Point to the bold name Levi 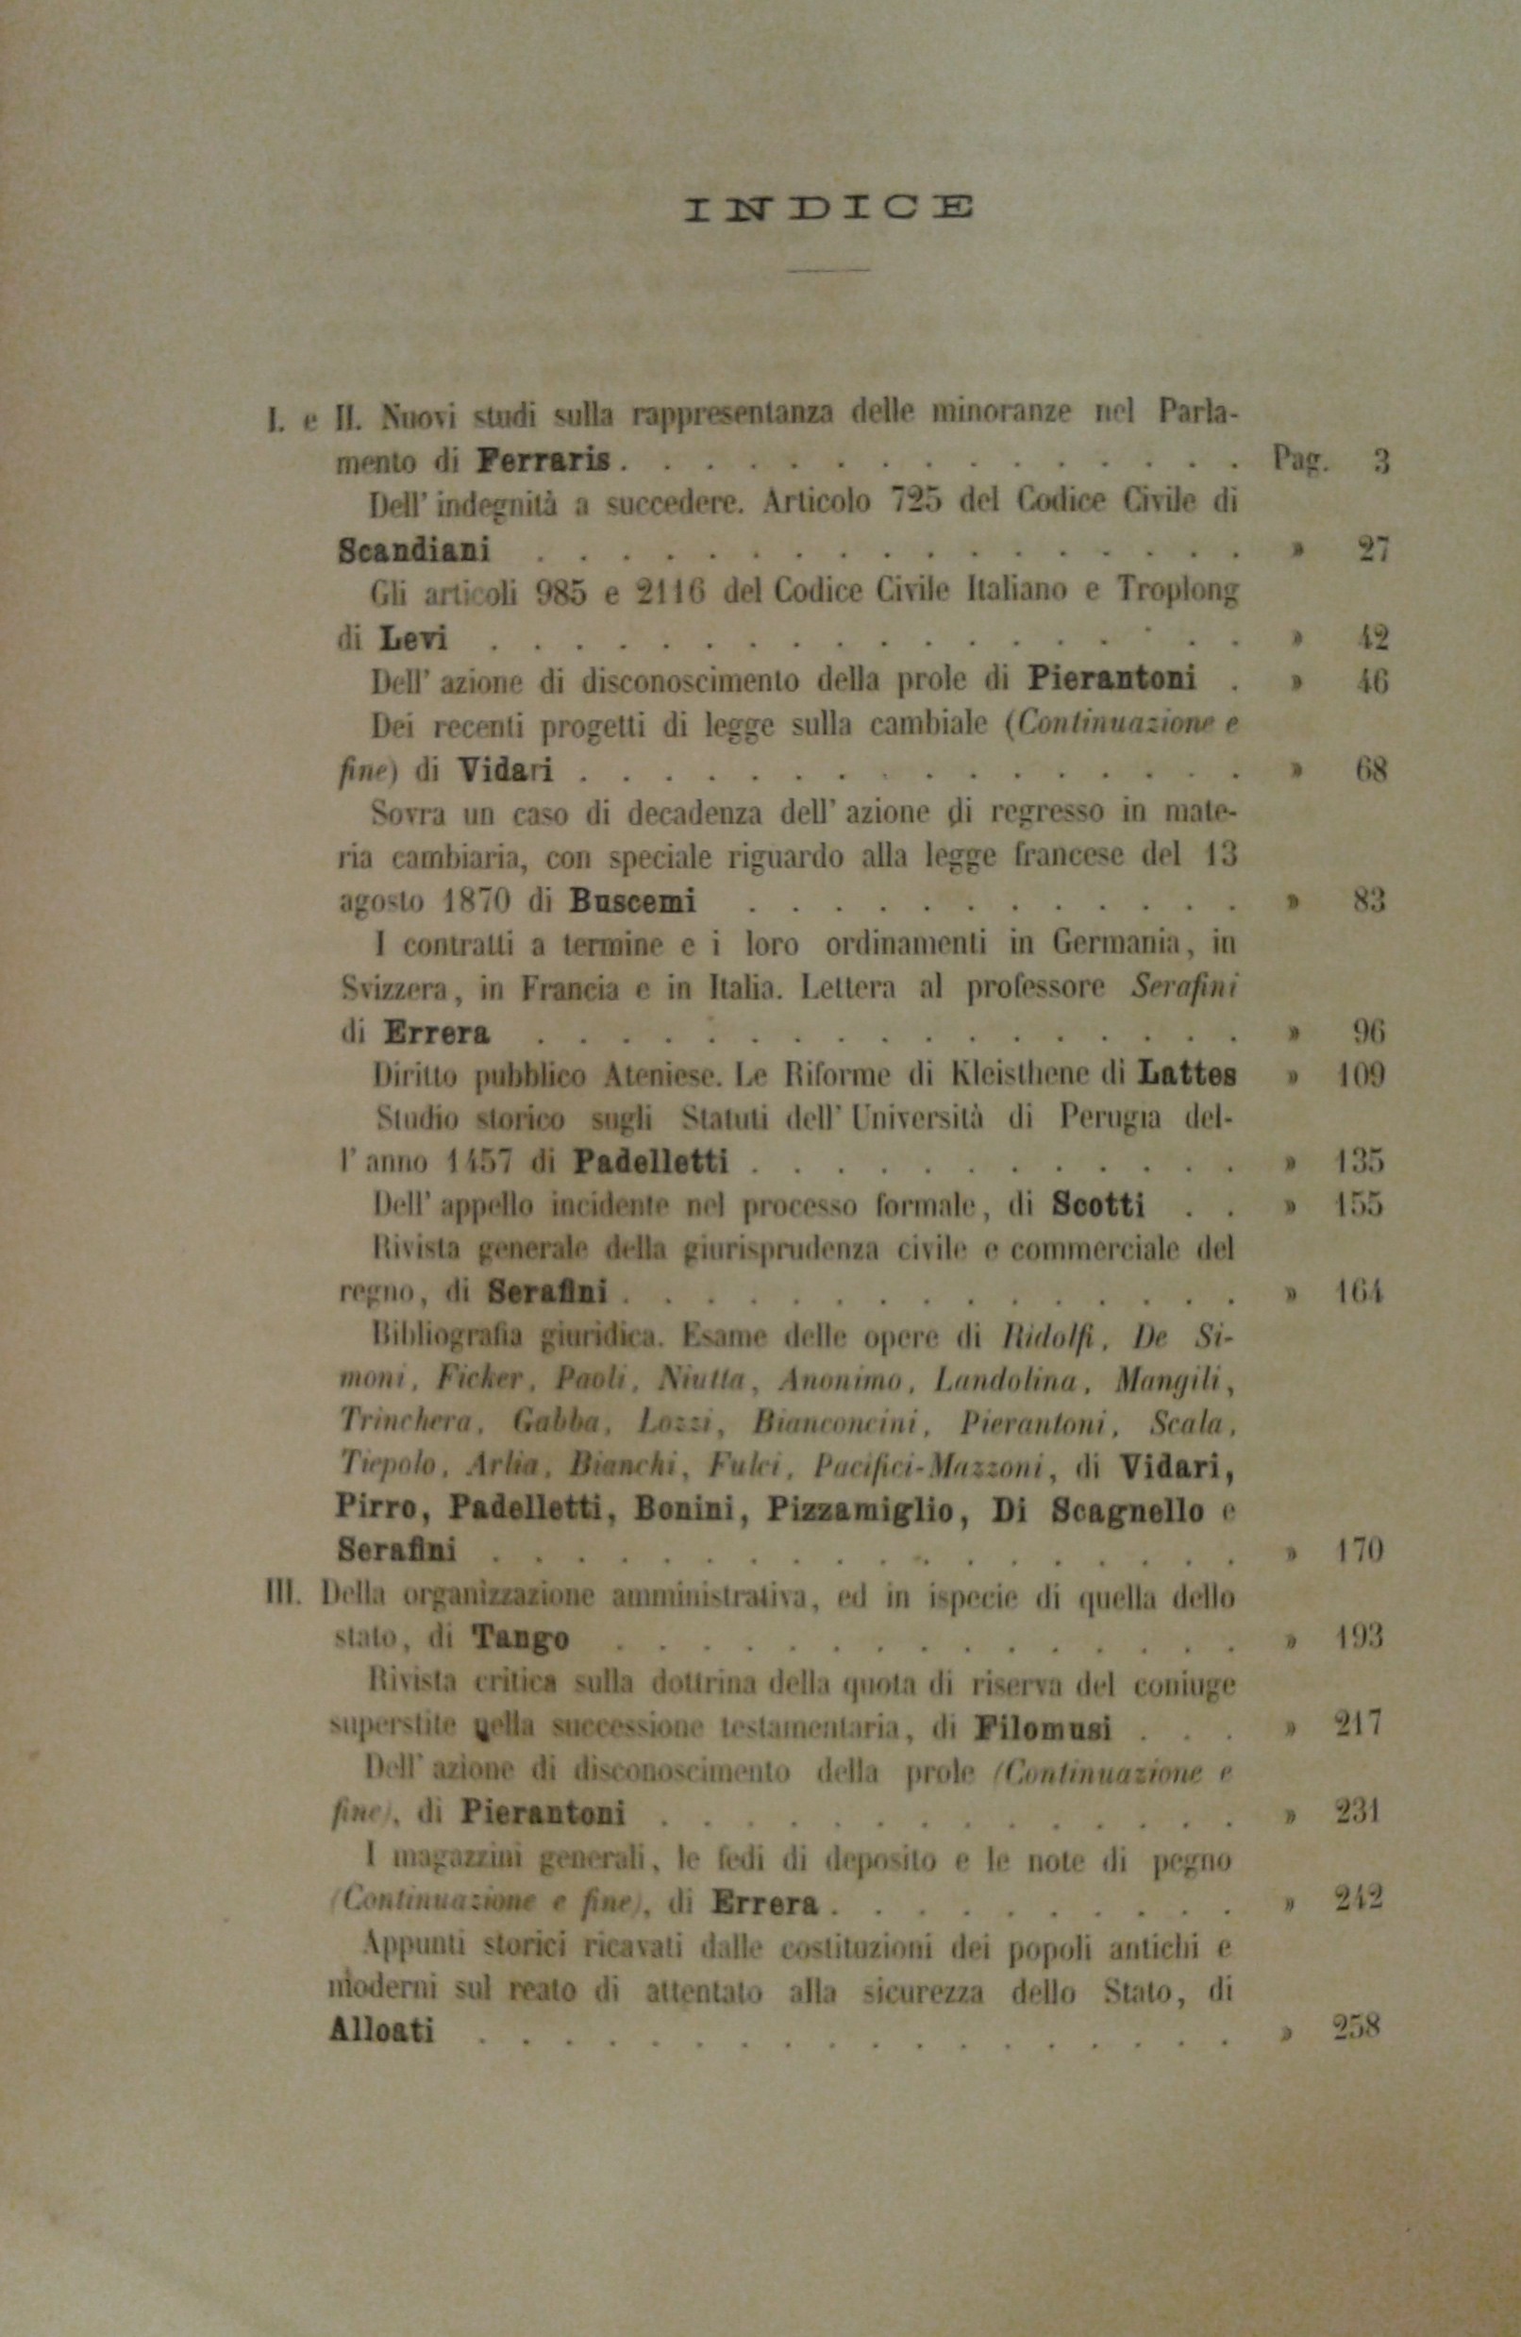413,639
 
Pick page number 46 1371,681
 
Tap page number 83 1369,899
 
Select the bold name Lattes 1186,1074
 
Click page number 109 1361,1074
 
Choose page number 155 1361,1204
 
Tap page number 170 1361,1552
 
